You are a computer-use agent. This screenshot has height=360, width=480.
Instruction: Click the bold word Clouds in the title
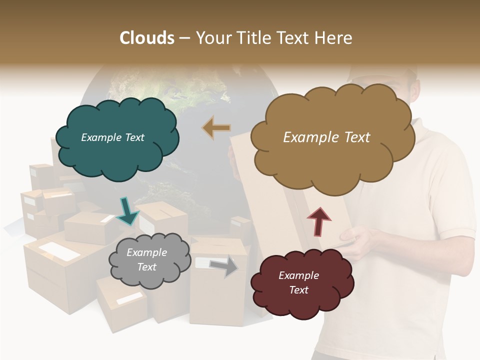(147, 38)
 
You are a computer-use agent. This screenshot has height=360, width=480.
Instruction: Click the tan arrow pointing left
(216, 127)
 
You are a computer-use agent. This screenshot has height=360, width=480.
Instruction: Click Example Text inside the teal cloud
(112, 137)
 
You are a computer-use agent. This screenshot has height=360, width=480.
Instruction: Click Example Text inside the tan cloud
(326, 137)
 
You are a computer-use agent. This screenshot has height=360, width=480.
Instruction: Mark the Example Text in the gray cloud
(146, 260)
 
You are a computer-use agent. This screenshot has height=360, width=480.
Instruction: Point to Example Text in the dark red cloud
(298, 282)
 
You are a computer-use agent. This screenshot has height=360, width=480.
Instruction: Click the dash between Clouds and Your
(184, 38)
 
